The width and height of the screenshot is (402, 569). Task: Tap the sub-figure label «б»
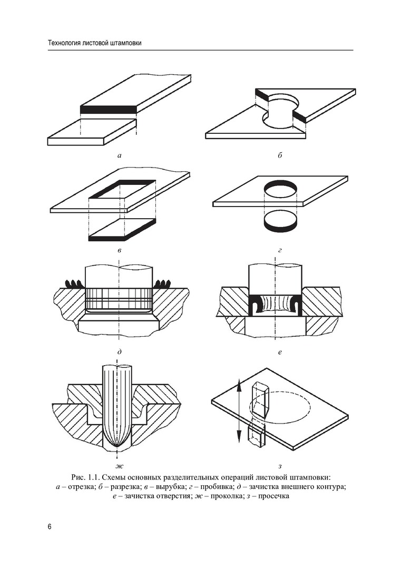pos(280,155)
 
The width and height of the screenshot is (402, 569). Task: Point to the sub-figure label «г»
pos(280,251)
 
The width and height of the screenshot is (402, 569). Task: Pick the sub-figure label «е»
pos(280,352)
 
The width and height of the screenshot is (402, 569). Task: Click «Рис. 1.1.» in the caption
pos(86,477)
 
